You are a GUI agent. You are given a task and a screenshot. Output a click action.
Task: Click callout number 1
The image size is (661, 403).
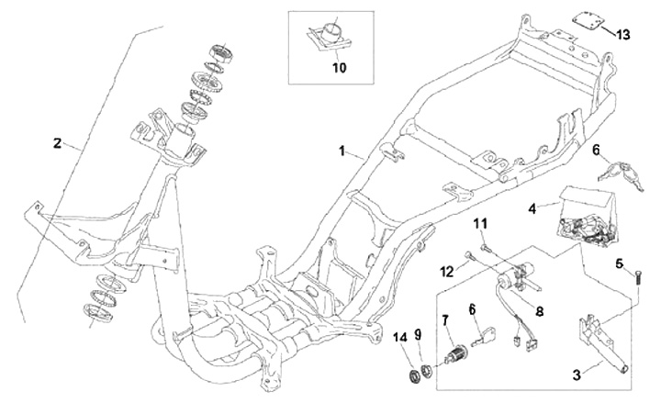[x=343, y=149]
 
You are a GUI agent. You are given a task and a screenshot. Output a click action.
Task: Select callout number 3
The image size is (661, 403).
[x=576, y=375]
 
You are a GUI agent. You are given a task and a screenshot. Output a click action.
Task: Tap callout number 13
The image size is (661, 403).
[x=624, y=35]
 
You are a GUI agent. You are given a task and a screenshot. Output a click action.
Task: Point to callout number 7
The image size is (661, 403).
[x=446, y=320]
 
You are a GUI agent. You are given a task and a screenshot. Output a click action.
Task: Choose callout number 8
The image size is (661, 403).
[x=539, y=311]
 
